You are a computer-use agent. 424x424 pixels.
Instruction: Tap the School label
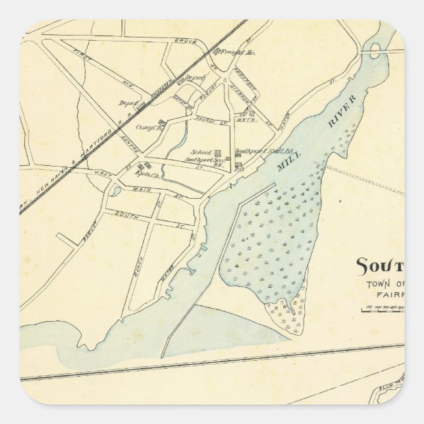[x=195, y=151]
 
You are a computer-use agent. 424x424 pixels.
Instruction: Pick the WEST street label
[x=103, y=172]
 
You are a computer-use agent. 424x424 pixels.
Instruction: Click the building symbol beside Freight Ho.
[x=217, y=51]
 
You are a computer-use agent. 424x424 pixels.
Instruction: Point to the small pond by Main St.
[x=116, y=192]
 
